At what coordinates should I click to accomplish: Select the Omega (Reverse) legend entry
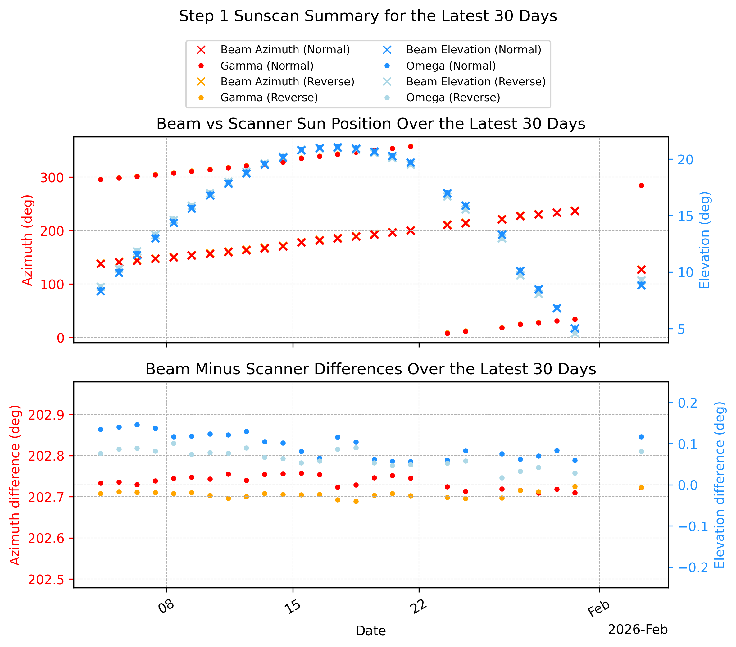[x=441, y=98]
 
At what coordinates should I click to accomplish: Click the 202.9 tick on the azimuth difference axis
[x=46, y=415]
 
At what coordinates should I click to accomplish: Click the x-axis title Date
[x=370, y=631]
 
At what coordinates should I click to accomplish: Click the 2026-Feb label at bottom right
[x=638, y=629]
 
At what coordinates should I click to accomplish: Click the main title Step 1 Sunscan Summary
[x=368, y=16]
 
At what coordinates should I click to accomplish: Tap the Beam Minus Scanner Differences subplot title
[x=371, y=369]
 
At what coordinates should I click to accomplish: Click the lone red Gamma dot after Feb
[x=641, y=185]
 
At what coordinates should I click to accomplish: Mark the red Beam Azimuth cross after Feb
[x=641, y=270]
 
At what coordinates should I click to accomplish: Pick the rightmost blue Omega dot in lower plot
[x=641, y=437]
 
